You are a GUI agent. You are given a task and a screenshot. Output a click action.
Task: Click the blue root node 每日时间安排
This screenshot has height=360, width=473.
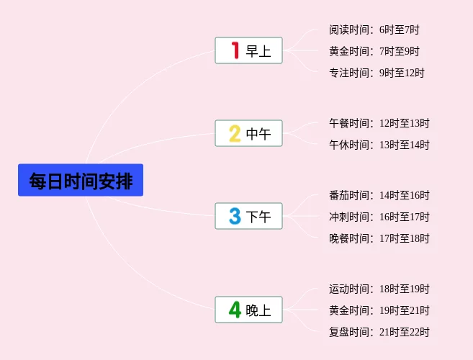coord(81,180)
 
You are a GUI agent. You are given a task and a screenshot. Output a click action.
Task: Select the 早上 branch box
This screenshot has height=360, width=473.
coord(248,50)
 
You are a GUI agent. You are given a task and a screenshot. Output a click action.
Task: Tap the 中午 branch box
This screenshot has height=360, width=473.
coord(248,133)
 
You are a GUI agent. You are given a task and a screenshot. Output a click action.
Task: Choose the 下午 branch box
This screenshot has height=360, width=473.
coord(248,216)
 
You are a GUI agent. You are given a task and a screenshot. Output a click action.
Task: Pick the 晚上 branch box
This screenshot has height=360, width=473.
coord(248,310)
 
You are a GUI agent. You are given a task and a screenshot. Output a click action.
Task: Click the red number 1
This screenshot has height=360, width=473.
coord(235,50)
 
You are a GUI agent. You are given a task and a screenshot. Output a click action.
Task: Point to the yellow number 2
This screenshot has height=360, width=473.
coord(235,133)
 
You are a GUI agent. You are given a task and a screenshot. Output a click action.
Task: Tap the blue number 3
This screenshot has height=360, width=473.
coord(235,216)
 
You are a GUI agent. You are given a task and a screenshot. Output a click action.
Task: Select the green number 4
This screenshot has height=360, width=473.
coord(235,310)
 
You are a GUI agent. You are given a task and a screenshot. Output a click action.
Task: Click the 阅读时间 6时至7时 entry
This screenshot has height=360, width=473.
coord(374,30)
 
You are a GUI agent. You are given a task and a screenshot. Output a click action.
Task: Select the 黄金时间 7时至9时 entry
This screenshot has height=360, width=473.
coord(374,51)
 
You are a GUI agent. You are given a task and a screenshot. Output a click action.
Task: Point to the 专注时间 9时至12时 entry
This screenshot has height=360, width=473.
coord(377,73)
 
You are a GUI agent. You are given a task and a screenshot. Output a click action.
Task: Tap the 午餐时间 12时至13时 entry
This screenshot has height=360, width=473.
coord(379,123)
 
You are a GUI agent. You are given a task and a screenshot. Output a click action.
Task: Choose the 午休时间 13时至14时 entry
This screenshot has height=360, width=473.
coord(379,145)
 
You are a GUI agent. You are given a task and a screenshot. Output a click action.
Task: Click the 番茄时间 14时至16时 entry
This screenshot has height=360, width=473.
coord(379,195)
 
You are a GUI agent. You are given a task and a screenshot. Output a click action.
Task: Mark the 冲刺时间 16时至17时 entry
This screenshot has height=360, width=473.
coord(379,217)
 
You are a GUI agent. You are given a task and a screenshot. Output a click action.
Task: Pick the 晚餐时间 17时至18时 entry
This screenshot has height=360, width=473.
coord(379,238)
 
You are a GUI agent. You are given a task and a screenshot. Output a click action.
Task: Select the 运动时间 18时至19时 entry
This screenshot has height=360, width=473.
coord(379,289)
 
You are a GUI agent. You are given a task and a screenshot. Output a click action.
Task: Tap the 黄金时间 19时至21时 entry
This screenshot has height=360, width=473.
coord(379,310)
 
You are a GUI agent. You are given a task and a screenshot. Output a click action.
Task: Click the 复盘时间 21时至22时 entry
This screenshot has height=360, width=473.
coord(379,332)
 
